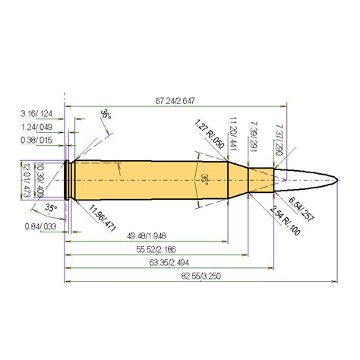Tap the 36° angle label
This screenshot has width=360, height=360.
click(104, 115)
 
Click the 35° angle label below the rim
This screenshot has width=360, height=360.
click(51, 207)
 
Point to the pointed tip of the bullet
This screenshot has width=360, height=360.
click(337, 179)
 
